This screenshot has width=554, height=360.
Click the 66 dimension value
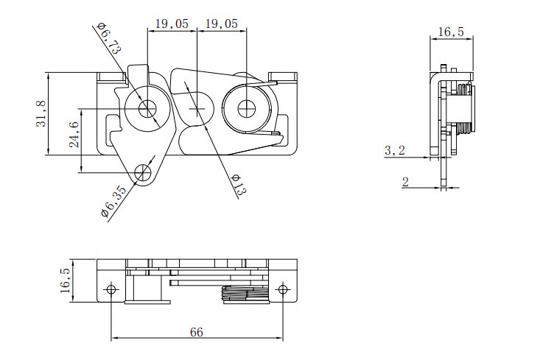(x=196, y=332)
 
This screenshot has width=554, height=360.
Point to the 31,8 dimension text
(x=41, y=113)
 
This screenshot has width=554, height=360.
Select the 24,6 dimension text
(x=74, y=135)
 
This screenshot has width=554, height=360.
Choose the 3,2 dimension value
(x=395, y=150)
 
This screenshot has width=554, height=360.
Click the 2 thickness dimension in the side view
(x=405, y=181)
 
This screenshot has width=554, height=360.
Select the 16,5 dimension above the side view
(x=451, y=32)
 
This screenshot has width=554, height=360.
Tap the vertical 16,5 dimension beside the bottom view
(x=64, y=280)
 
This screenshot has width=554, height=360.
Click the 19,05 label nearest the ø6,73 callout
(x=172, y=24)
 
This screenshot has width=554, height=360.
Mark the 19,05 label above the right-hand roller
(x=221, y=24)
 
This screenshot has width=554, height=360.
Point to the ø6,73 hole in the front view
(x=148, y=108)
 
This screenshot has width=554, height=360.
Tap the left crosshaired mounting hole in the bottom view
(x=111, y=289)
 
